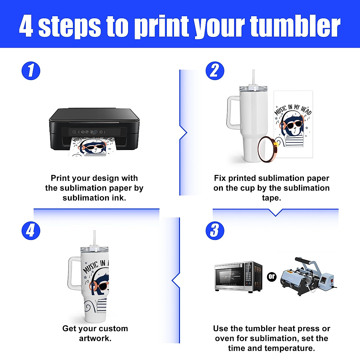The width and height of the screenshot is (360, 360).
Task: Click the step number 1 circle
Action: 31,71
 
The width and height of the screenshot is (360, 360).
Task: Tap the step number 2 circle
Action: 215,71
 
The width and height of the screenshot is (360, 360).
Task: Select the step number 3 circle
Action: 215,230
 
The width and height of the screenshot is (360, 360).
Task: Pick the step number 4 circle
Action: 31,230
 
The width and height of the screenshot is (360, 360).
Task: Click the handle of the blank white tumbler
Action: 232,112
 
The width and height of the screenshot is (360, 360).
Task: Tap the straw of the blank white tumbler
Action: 254,77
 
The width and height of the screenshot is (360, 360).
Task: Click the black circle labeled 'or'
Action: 271,276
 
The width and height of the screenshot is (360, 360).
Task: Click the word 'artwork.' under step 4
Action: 95,338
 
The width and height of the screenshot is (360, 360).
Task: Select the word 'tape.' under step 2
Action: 271,198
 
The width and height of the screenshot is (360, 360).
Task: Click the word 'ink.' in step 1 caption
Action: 120,198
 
